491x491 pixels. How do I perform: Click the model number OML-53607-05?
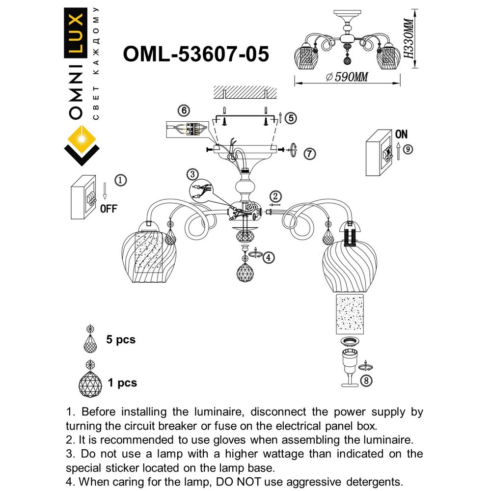point(196,54)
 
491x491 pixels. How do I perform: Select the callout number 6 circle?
point(183,110)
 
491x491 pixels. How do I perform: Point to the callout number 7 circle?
point(309,154)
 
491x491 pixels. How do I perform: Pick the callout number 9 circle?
point(408,148)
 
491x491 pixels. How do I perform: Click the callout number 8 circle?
point(366,380)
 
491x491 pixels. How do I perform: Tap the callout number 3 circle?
point(192,174)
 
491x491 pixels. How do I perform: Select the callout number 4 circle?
point(268,257)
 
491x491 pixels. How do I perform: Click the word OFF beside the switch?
point(108,208)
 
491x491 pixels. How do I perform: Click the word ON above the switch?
point(401,134)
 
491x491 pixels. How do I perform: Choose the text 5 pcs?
point(121,339)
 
